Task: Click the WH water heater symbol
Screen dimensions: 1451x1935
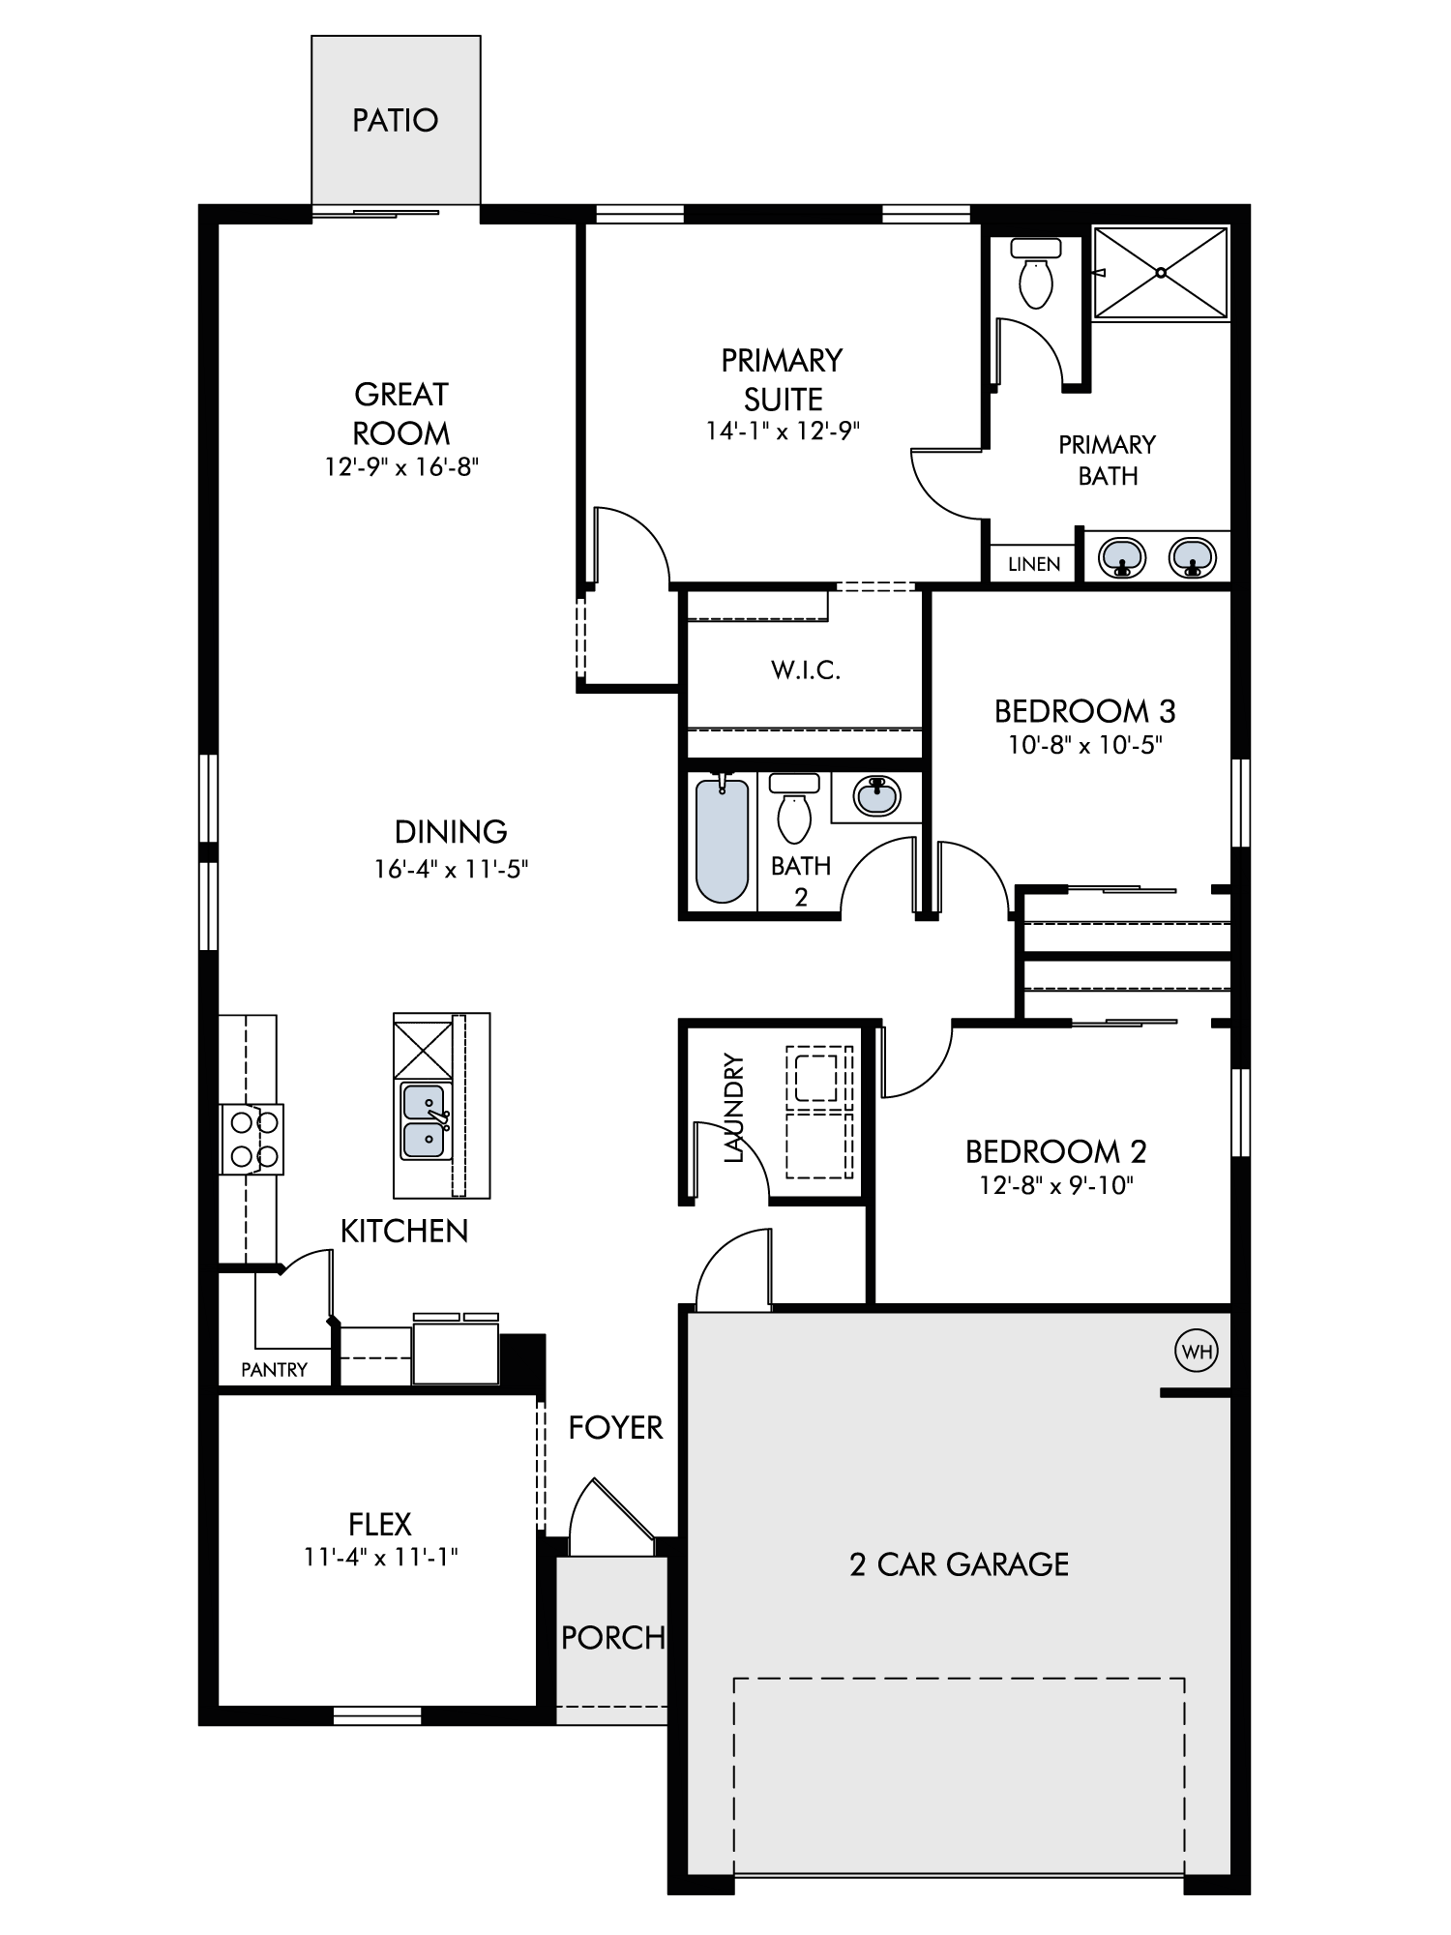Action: (1197, 1352)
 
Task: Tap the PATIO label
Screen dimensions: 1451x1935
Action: (396, 120)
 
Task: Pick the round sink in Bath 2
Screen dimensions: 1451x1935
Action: (877, 795)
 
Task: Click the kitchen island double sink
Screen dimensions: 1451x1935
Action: (426, 1120)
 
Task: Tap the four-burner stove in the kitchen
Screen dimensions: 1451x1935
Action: (252, 1139)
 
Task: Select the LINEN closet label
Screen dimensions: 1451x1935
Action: (1034, 564)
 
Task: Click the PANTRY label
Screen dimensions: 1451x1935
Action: (274, 1369)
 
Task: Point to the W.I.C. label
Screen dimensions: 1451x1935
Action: (806, 670)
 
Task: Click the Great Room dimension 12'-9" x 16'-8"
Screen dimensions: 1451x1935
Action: (402, 467)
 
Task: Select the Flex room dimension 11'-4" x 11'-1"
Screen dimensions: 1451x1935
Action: (381, 1557)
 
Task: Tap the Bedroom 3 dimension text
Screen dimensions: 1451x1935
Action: (1085, 745)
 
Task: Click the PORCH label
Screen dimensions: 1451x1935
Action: (613, 1637)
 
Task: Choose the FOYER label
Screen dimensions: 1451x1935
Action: (616, 1427)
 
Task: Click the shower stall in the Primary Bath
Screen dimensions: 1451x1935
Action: (1161, 273)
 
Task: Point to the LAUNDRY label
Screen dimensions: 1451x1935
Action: (734, 1108)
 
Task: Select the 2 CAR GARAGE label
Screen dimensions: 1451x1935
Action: (960, 1564)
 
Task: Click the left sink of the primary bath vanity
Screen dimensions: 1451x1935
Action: (1122, 557)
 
